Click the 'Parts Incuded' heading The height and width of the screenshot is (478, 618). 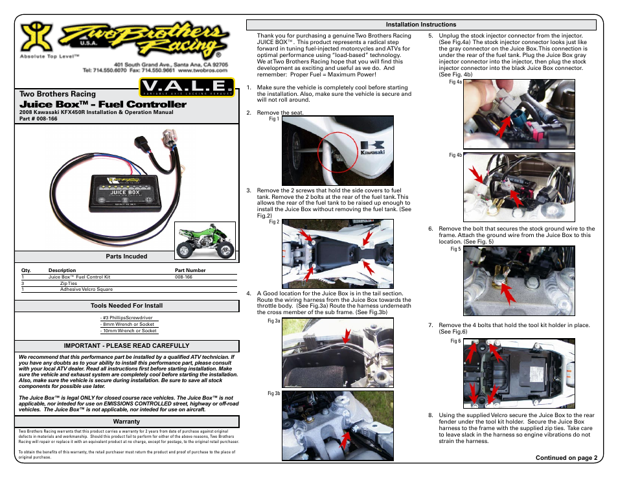[127, 256]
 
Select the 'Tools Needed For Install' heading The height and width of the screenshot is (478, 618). [126, 305]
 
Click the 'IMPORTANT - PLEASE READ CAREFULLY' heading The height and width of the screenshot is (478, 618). [126, 346]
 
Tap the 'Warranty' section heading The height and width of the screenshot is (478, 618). [126, 422]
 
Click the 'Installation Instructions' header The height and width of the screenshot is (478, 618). [421, 25]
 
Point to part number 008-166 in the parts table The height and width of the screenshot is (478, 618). [183, 277]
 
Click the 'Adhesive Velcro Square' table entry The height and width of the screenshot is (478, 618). [86, 290]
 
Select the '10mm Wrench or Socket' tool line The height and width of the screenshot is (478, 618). [129, 330]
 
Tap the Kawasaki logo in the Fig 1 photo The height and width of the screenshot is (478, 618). [372, 148]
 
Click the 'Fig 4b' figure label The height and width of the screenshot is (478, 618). [455, 155]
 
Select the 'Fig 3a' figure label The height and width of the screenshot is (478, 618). [273, 321]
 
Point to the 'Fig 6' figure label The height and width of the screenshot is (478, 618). [455, 341]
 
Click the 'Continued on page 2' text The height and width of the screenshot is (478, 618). [566, 457]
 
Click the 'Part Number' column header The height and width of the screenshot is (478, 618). [190, 270]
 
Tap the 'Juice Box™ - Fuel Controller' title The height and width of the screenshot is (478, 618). [103, 104]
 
